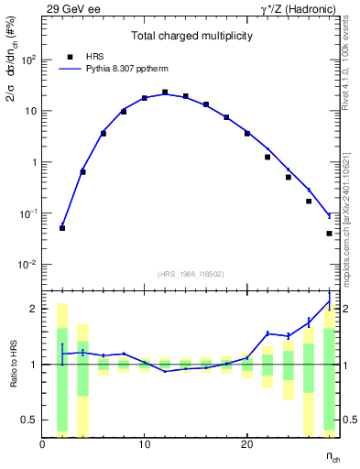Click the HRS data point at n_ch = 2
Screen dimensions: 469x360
point(62,227)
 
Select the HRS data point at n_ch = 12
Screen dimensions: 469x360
point(165,93)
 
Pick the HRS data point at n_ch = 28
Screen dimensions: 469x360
point(329,234)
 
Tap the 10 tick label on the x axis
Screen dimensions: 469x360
point(144,445)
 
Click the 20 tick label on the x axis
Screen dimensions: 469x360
point(246,445)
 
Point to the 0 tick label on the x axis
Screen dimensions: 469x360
point(42,445)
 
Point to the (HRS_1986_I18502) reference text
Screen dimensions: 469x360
point(191,274)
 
